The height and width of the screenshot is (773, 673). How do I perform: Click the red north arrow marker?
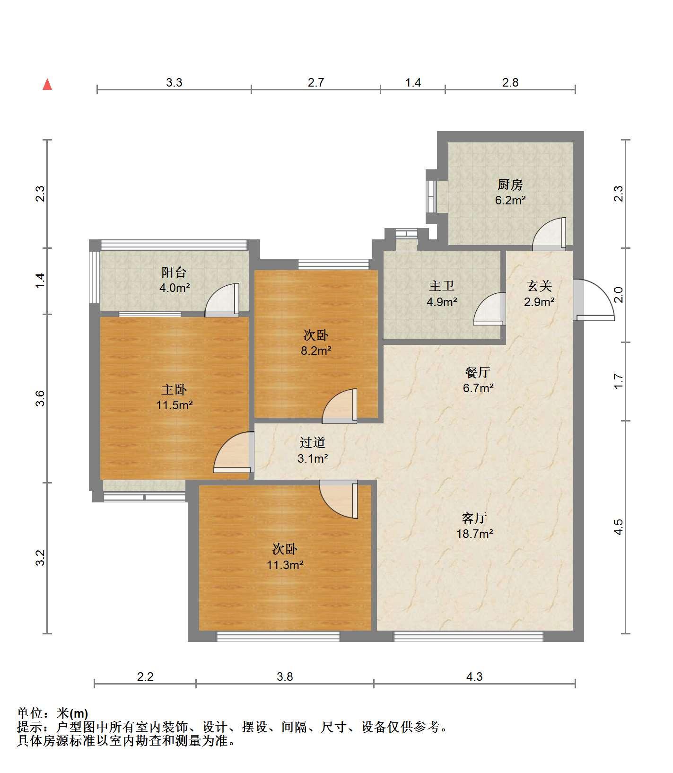47,84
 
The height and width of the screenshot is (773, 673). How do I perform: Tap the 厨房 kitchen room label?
510,184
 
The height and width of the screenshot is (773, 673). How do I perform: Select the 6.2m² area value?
510,200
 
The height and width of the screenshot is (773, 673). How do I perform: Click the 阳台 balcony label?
174,272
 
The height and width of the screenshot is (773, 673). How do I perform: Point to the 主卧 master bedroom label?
174,389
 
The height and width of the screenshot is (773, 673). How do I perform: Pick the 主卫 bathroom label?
442,286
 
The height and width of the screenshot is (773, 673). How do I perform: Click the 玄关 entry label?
539,286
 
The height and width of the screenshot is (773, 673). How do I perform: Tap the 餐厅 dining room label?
477,372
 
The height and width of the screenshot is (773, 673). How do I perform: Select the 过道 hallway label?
313,442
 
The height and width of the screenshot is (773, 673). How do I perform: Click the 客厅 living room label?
474,518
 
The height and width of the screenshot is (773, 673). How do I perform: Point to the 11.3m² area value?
285,565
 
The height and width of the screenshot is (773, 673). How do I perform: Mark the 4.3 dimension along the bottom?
474,677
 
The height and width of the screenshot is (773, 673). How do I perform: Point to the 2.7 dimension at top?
316,83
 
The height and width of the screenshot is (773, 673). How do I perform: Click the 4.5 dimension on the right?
619,527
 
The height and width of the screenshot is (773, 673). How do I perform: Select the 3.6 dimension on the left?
41,398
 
